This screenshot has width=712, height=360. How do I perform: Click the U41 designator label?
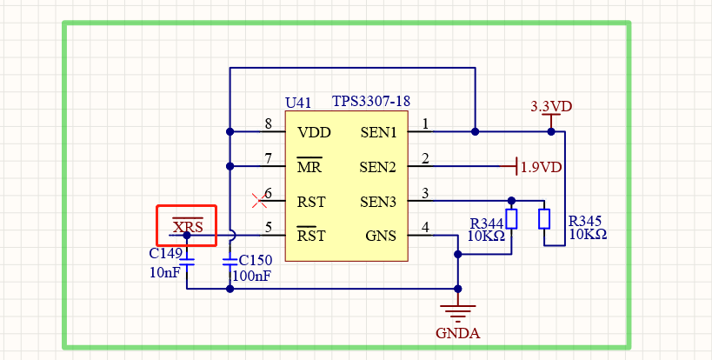click(x=298, y=103)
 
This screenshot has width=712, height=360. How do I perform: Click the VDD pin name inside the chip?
click(x=312, y=133)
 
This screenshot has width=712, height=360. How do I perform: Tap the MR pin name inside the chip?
click(x=309, y=166)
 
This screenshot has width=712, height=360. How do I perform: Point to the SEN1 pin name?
click(x=378, y=133)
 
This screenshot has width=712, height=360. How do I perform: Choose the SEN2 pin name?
click(x=378, y=166)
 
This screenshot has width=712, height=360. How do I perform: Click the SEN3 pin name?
click(x=378, y=202)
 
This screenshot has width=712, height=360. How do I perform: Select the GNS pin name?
click(x=380, y=236)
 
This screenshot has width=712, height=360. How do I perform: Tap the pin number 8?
click(x=269, y=124)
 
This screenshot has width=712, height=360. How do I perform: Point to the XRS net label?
click(x=187, y=228)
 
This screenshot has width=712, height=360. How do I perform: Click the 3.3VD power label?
click(x=551, y=107)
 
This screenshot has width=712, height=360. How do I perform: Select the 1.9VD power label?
click(x=541, y=166)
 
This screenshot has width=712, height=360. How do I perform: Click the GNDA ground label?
click(x=457, y=332)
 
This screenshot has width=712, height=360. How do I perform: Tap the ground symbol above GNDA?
click(x=457, y=309)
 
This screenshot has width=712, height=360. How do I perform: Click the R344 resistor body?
click(x=511, y=218)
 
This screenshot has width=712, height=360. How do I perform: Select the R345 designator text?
click(x=584, y=221)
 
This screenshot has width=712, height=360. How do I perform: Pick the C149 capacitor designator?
click(x=165, y=254)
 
